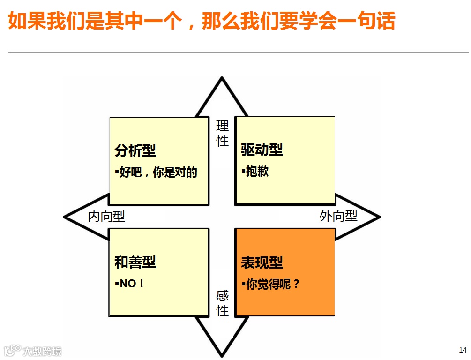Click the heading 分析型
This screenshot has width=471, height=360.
[x=135, y=150]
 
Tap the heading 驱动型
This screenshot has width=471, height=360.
[x=262, y=150]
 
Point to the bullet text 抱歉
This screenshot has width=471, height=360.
[x=257, y=172]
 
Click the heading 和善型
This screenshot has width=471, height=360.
[x=135, y=262]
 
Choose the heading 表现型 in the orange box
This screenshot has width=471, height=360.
[x=262, y=262]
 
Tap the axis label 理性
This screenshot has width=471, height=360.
[x=222, y=133]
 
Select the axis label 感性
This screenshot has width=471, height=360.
[x=222, y=303]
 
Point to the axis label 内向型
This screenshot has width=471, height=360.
[x=107, y=216]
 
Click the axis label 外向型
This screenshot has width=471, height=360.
[x=338, y=216]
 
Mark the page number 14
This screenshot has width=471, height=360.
[x=463, y=350]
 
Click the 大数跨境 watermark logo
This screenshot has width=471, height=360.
[x=33, y=351]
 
